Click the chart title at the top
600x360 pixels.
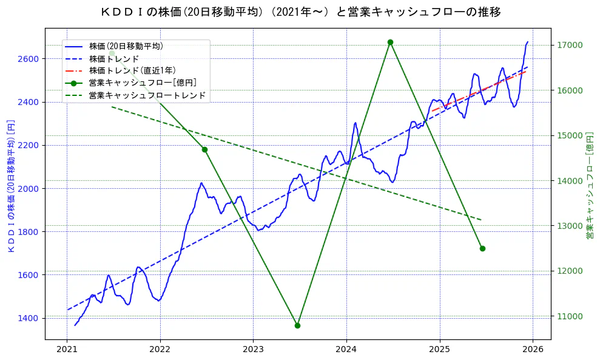300,12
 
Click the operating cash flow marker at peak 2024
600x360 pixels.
390,42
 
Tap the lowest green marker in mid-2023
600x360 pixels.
297,325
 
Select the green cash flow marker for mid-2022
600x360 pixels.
204,149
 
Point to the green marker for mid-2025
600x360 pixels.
482,248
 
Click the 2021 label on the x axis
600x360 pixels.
67,350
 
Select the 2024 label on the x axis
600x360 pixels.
346,350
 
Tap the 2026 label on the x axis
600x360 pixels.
533,350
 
